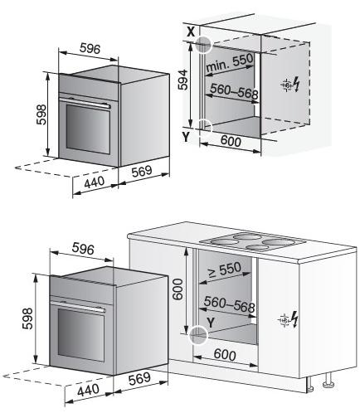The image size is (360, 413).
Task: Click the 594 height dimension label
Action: [182, 80]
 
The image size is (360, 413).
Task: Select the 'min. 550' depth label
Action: [230, 63]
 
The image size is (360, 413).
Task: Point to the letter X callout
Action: [191, 32]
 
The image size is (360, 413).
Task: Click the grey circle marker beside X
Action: [203, 44]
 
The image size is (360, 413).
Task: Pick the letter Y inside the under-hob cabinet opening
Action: [211, 323]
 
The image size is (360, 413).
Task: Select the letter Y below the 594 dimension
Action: [186, 137]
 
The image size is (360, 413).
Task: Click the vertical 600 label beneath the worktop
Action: [178, 289]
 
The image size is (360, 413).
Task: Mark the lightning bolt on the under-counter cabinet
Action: [294, 319]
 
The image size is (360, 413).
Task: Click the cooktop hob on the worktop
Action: [252, 241]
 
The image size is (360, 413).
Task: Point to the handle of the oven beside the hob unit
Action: [78, 306]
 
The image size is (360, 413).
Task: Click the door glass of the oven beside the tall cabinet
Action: [88, 129]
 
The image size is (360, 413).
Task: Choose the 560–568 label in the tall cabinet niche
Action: [234, 91]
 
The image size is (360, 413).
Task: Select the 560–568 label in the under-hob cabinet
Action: [229, 304]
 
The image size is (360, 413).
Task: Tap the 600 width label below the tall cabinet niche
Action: [231, 141]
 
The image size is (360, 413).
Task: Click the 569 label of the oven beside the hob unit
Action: [139, 378]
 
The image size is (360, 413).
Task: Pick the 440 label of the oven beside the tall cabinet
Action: [95, 182]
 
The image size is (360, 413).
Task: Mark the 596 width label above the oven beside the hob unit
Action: [83, 249]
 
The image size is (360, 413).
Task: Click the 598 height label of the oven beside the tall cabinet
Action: [41, 114]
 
